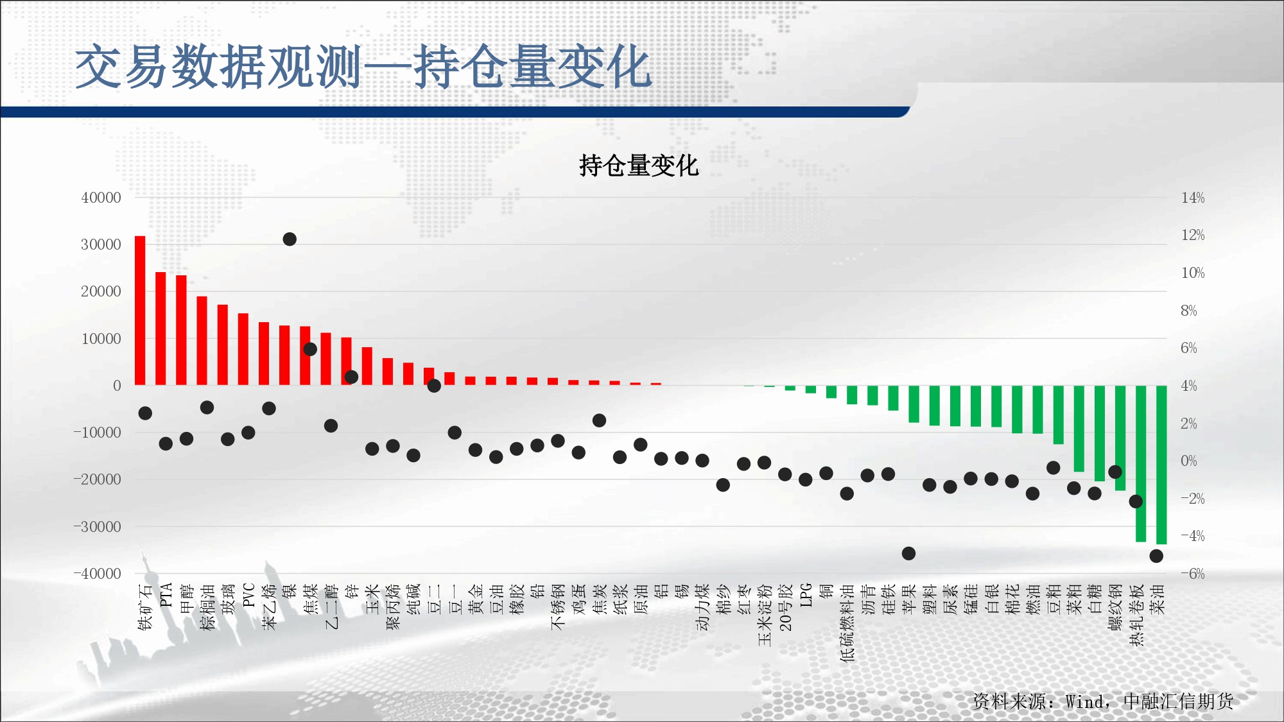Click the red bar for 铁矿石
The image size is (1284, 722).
point(140,311)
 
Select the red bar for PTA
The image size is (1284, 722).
point(160,329)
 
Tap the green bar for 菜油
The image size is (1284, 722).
point(1161,465)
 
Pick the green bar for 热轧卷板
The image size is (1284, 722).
point(1141,463)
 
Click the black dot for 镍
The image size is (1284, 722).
point(290,239)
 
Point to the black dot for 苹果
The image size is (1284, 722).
point(908,553)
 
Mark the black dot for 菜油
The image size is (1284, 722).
point(1156,556)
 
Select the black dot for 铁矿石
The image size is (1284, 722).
point(145,413)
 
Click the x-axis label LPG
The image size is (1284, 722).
point(806,595)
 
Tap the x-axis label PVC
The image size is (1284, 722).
point(249,595)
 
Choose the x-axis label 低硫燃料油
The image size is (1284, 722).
point(847,622)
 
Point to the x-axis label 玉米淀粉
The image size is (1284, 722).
point(765,614)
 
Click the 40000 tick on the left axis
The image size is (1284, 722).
point(101,198)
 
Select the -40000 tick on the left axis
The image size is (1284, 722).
point(97,574)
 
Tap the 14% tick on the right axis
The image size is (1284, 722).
point(1193,198)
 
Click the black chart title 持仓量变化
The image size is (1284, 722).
point(639,166)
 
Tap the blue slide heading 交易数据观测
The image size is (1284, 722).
point(219,67)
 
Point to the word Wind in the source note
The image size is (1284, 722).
point(1084,701)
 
